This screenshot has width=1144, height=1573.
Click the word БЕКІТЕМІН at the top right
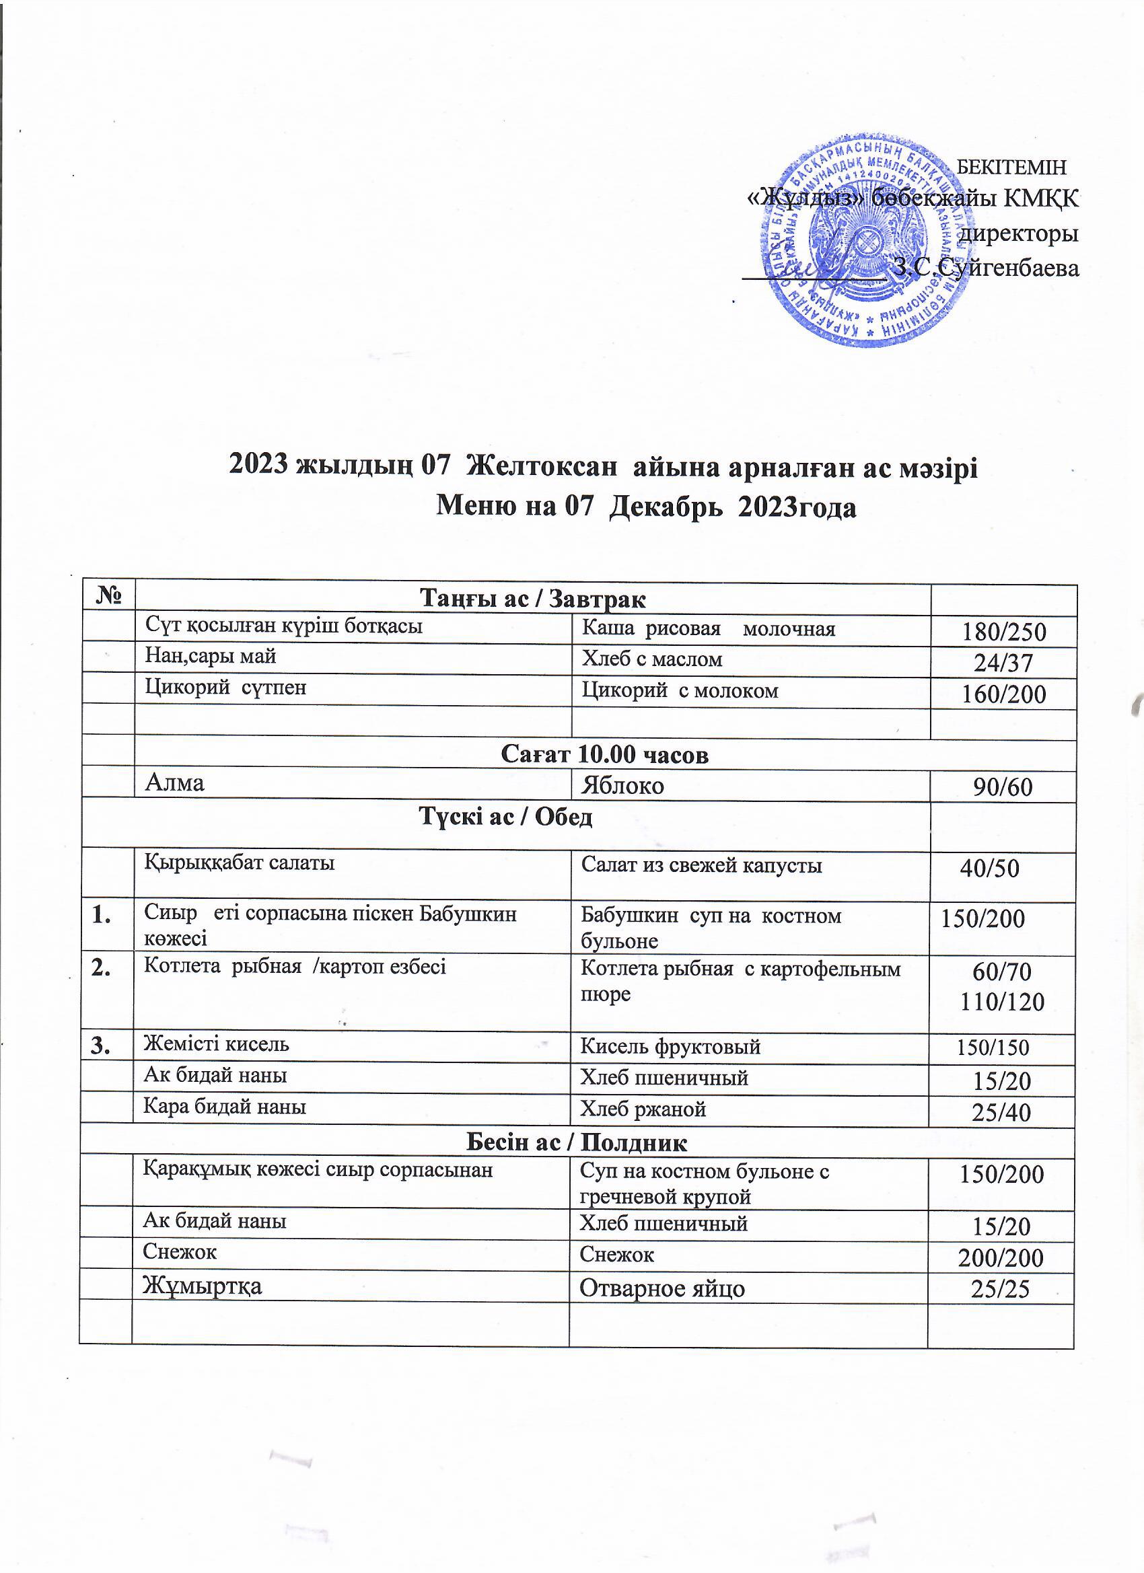coord(1011,167)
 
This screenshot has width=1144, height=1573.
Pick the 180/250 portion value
coord(1003,632)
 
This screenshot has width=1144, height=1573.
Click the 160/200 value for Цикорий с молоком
coord(1003,694)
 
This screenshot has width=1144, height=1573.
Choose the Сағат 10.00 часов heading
coord(604,755)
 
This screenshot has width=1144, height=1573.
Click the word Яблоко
coord(622,786)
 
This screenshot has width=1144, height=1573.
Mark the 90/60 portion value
coord(1003,786)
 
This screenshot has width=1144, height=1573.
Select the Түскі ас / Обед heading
coord(506,817)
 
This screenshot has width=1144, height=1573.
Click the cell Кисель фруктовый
coord(670,1046)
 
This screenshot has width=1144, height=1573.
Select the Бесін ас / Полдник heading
coord(577,1142)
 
